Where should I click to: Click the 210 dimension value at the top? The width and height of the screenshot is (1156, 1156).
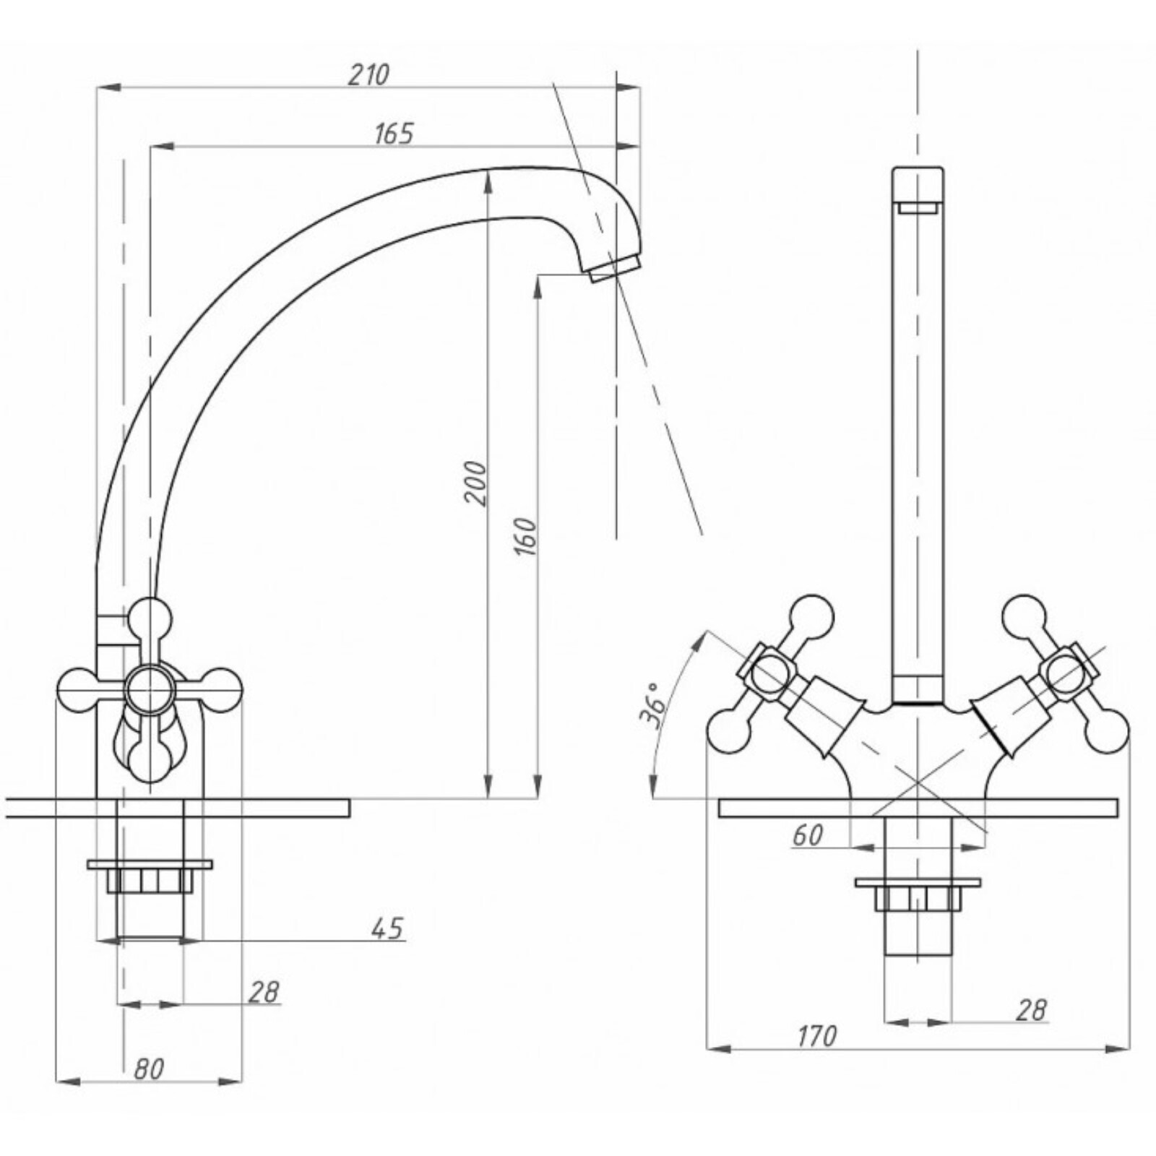(368, 74)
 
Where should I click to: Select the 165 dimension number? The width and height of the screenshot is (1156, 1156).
(394, 134)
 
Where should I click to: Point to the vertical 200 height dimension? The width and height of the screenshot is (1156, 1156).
(475, 483)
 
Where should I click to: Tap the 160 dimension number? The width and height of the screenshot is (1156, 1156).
(525, 536)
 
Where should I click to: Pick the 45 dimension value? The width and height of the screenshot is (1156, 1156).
(388, 928)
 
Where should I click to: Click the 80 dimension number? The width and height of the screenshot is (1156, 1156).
(149, 1069)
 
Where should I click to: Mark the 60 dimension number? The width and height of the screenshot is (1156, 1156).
(807, 835)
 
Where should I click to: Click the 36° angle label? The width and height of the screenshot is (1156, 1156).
(652, 704)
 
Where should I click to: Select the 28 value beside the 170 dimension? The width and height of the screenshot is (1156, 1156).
(1031, 1010)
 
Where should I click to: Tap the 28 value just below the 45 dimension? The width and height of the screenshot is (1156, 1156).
(264, 992)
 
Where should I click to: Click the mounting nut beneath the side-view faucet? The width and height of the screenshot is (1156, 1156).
(150, 877)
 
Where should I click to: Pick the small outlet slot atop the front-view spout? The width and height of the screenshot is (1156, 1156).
(918, 209)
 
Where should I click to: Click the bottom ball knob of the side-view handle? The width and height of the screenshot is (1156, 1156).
(150, 760)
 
